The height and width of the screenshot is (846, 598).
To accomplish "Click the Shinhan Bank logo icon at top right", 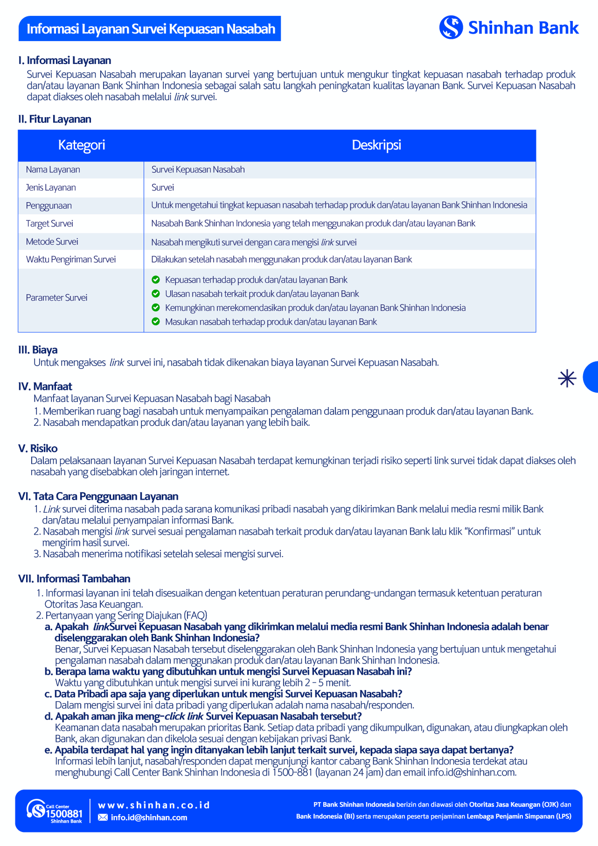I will (451, 28).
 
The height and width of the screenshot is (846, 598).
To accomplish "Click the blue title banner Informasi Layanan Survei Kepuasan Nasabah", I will (150, 29).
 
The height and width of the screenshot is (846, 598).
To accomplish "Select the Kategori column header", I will (81, 145).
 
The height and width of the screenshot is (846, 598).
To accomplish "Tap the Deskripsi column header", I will (376, 145).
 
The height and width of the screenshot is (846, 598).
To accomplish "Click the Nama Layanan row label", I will (53, 169).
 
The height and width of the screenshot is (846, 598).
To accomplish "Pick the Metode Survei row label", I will (52, 242).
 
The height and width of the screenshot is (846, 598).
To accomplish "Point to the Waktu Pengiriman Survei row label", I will (70, 260).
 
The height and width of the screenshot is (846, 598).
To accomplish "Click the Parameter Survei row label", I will (56, 298).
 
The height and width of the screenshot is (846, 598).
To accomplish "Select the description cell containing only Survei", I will (163, 188).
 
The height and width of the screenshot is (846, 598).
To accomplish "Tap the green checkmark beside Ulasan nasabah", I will (156, 294).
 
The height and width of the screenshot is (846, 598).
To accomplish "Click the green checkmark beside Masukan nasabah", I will (156, 322).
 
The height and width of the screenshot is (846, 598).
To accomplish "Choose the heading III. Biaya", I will (38, 350).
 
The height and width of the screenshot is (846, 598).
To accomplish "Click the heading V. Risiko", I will (38, 449).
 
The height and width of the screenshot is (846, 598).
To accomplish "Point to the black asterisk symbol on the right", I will (567, 378).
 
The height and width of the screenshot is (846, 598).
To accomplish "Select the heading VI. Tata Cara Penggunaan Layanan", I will (98, 496).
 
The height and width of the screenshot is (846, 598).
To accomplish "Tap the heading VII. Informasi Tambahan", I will (74, 579).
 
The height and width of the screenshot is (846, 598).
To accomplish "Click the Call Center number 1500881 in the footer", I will (64, 814).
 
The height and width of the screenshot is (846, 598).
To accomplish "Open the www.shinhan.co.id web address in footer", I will (154, 805).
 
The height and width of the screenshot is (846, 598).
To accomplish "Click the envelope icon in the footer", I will (103, 818).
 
